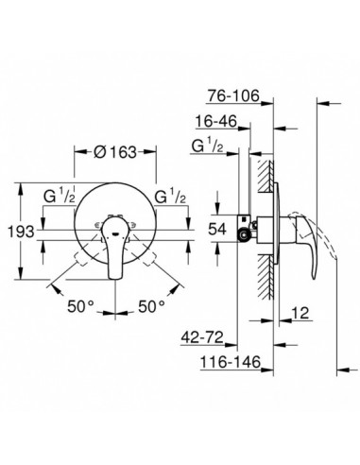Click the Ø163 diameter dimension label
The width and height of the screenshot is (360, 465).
[x=115, y=152]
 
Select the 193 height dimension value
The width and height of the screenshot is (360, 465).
[x=21, y=232]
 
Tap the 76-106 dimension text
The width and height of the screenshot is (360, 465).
[x=233, y=95]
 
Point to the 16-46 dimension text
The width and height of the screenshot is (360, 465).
[x=216, y=121]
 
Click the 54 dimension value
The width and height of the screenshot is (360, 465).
[x=217, y=229]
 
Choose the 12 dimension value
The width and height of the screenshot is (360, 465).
[x=300, y=313]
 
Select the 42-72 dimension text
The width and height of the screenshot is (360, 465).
[x=202, y=337]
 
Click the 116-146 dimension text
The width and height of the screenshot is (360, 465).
[x=231, y=362]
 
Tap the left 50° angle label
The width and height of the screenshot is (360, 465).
[x=80, y=306]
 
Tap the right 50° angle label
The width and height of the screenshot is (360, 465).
[x=151, y=306]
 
